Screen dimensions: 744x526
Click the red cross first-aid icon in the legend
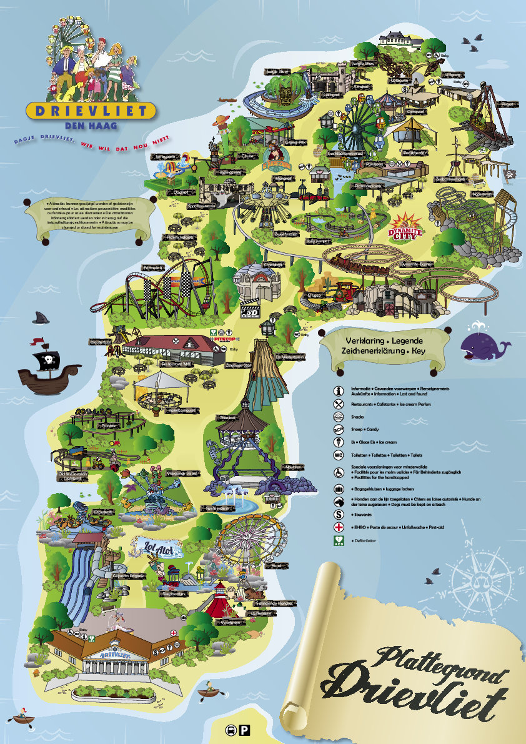click(339, 527)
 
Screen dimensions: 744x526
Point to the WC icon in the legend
click(339, 455)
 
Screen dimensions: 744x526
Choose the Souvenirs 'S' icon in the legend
click(339, 515)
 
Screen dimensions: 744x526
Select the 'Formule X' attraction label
click(152, 267)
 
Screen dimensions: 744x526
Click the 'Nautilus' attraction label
click(293, 466)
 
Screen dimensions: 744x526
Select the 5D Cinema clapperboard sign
click(251, 311)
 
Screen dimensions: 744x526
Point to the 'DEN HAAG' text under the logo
click(91, 125)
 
